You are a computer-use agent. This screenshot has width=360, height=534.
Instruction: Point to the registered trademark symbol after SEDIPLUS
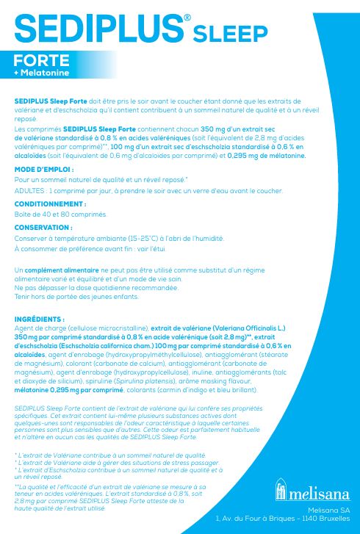[187, 16]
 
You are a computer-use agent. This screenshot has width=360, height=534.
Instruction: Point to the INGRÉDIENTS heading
[40, 320]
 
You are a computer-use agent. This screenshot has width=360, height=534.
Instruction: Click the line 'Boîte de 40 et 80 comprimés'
[61, 214]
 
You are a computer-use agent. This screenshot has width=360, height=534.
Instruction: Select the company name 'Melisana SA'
[330, 510]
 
